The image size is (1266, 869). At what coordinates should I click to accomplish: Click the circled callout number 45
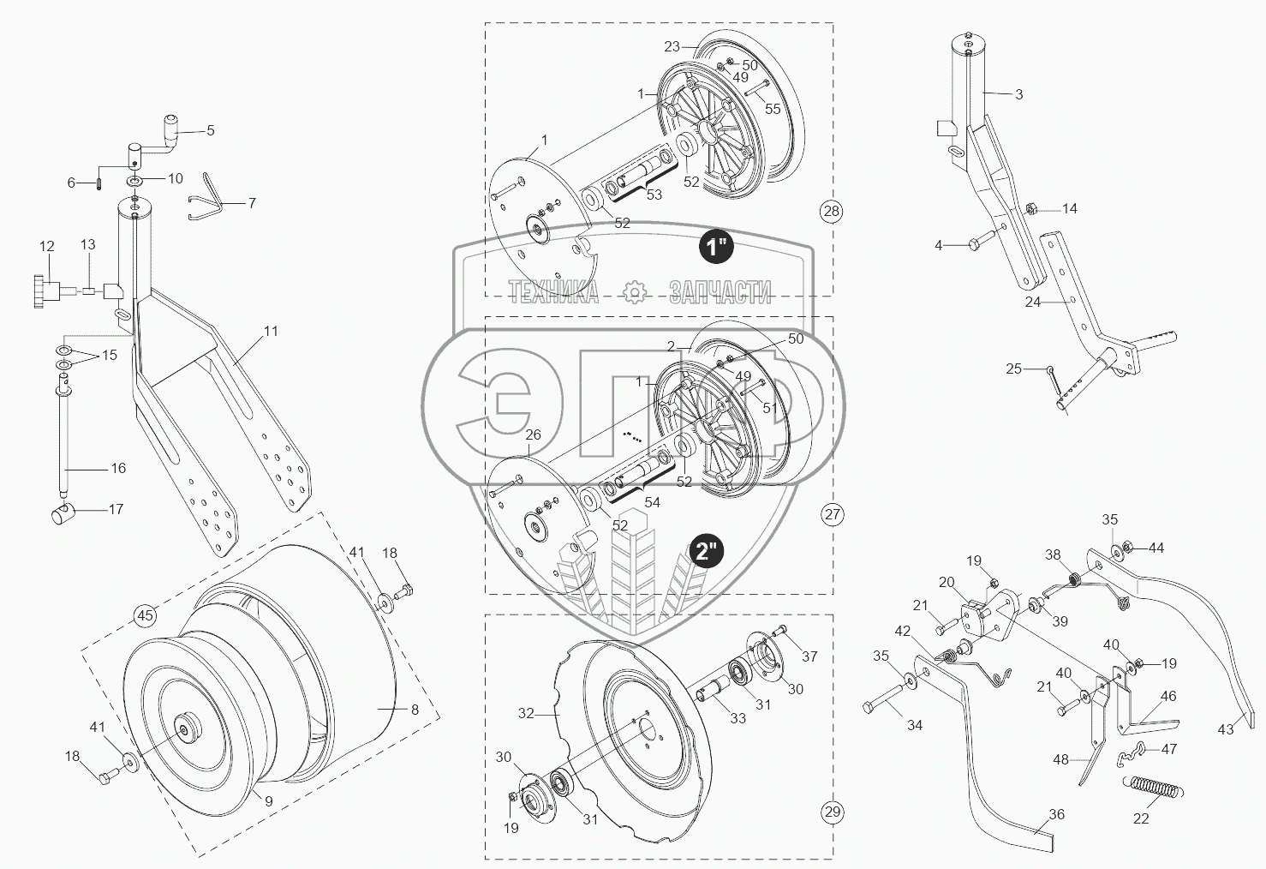[146, 614]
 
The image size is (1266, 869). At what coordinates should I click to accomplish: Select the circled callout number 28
[831, 211]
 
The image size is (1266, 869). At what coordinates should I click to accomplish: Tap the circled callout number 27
[832, 514]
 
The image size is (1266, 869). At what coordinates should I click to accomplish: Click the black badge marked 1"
[715, 248]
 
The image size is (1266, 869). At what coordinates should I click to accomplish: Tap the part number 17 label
[116, 509]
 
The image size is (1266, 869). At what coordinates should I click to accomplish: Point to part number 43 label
[1226, 728]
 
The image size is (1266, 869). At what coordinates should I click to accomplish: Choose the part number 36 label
[1057, 814]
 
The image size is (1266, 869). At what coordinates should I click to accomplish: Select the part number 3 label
[1018, 94]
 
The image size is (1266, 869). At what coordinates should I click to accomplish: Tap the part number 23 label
[672, 46]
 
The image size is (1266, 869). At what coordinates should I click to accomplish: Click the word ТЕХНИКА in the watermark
[553, 293]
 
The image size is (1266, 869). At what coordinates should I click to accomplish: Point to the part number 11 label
[271, 331]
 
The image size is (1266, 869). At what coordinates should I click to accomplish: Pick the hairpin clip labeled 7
[208, 200]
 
